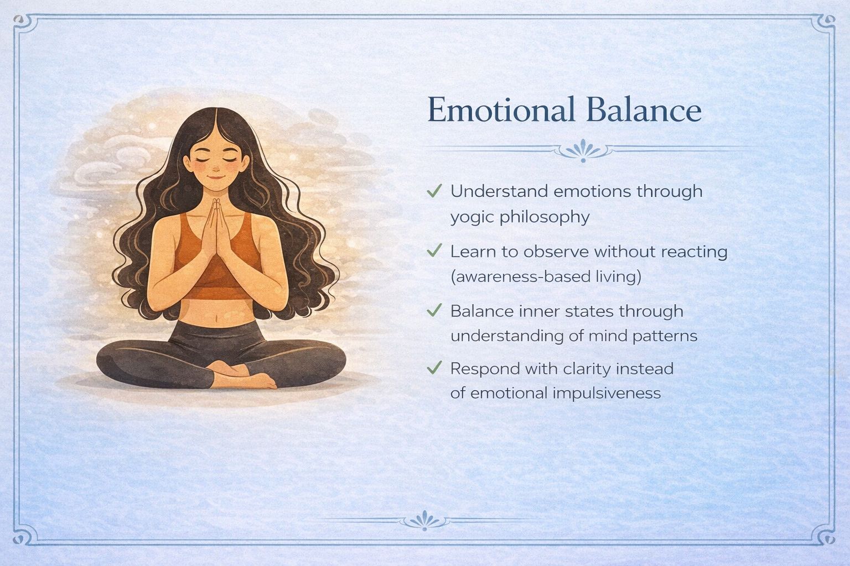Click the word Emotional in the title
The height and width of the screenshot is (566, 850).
(501, 109)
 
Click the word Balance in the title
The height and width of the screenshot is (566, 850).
(644, 109)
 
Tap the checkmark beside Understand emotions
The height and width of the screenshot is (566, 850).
(434, 191)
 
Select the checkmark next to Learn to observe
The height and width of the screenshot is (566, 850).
(434, 250)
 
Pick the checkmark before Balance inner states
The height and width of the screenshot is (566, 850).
(434, 310)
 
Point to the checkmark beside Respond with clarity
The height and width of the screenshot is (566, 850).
(434, 368)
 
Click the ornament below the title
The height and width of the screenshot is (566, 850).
(583, 151)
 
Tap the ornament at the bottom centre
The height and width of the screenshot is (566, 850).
(424, 520)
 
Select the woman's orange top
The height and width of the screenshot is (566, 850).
(217, 261)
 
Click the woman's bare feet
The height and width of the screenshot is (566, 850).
(243, 375)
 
